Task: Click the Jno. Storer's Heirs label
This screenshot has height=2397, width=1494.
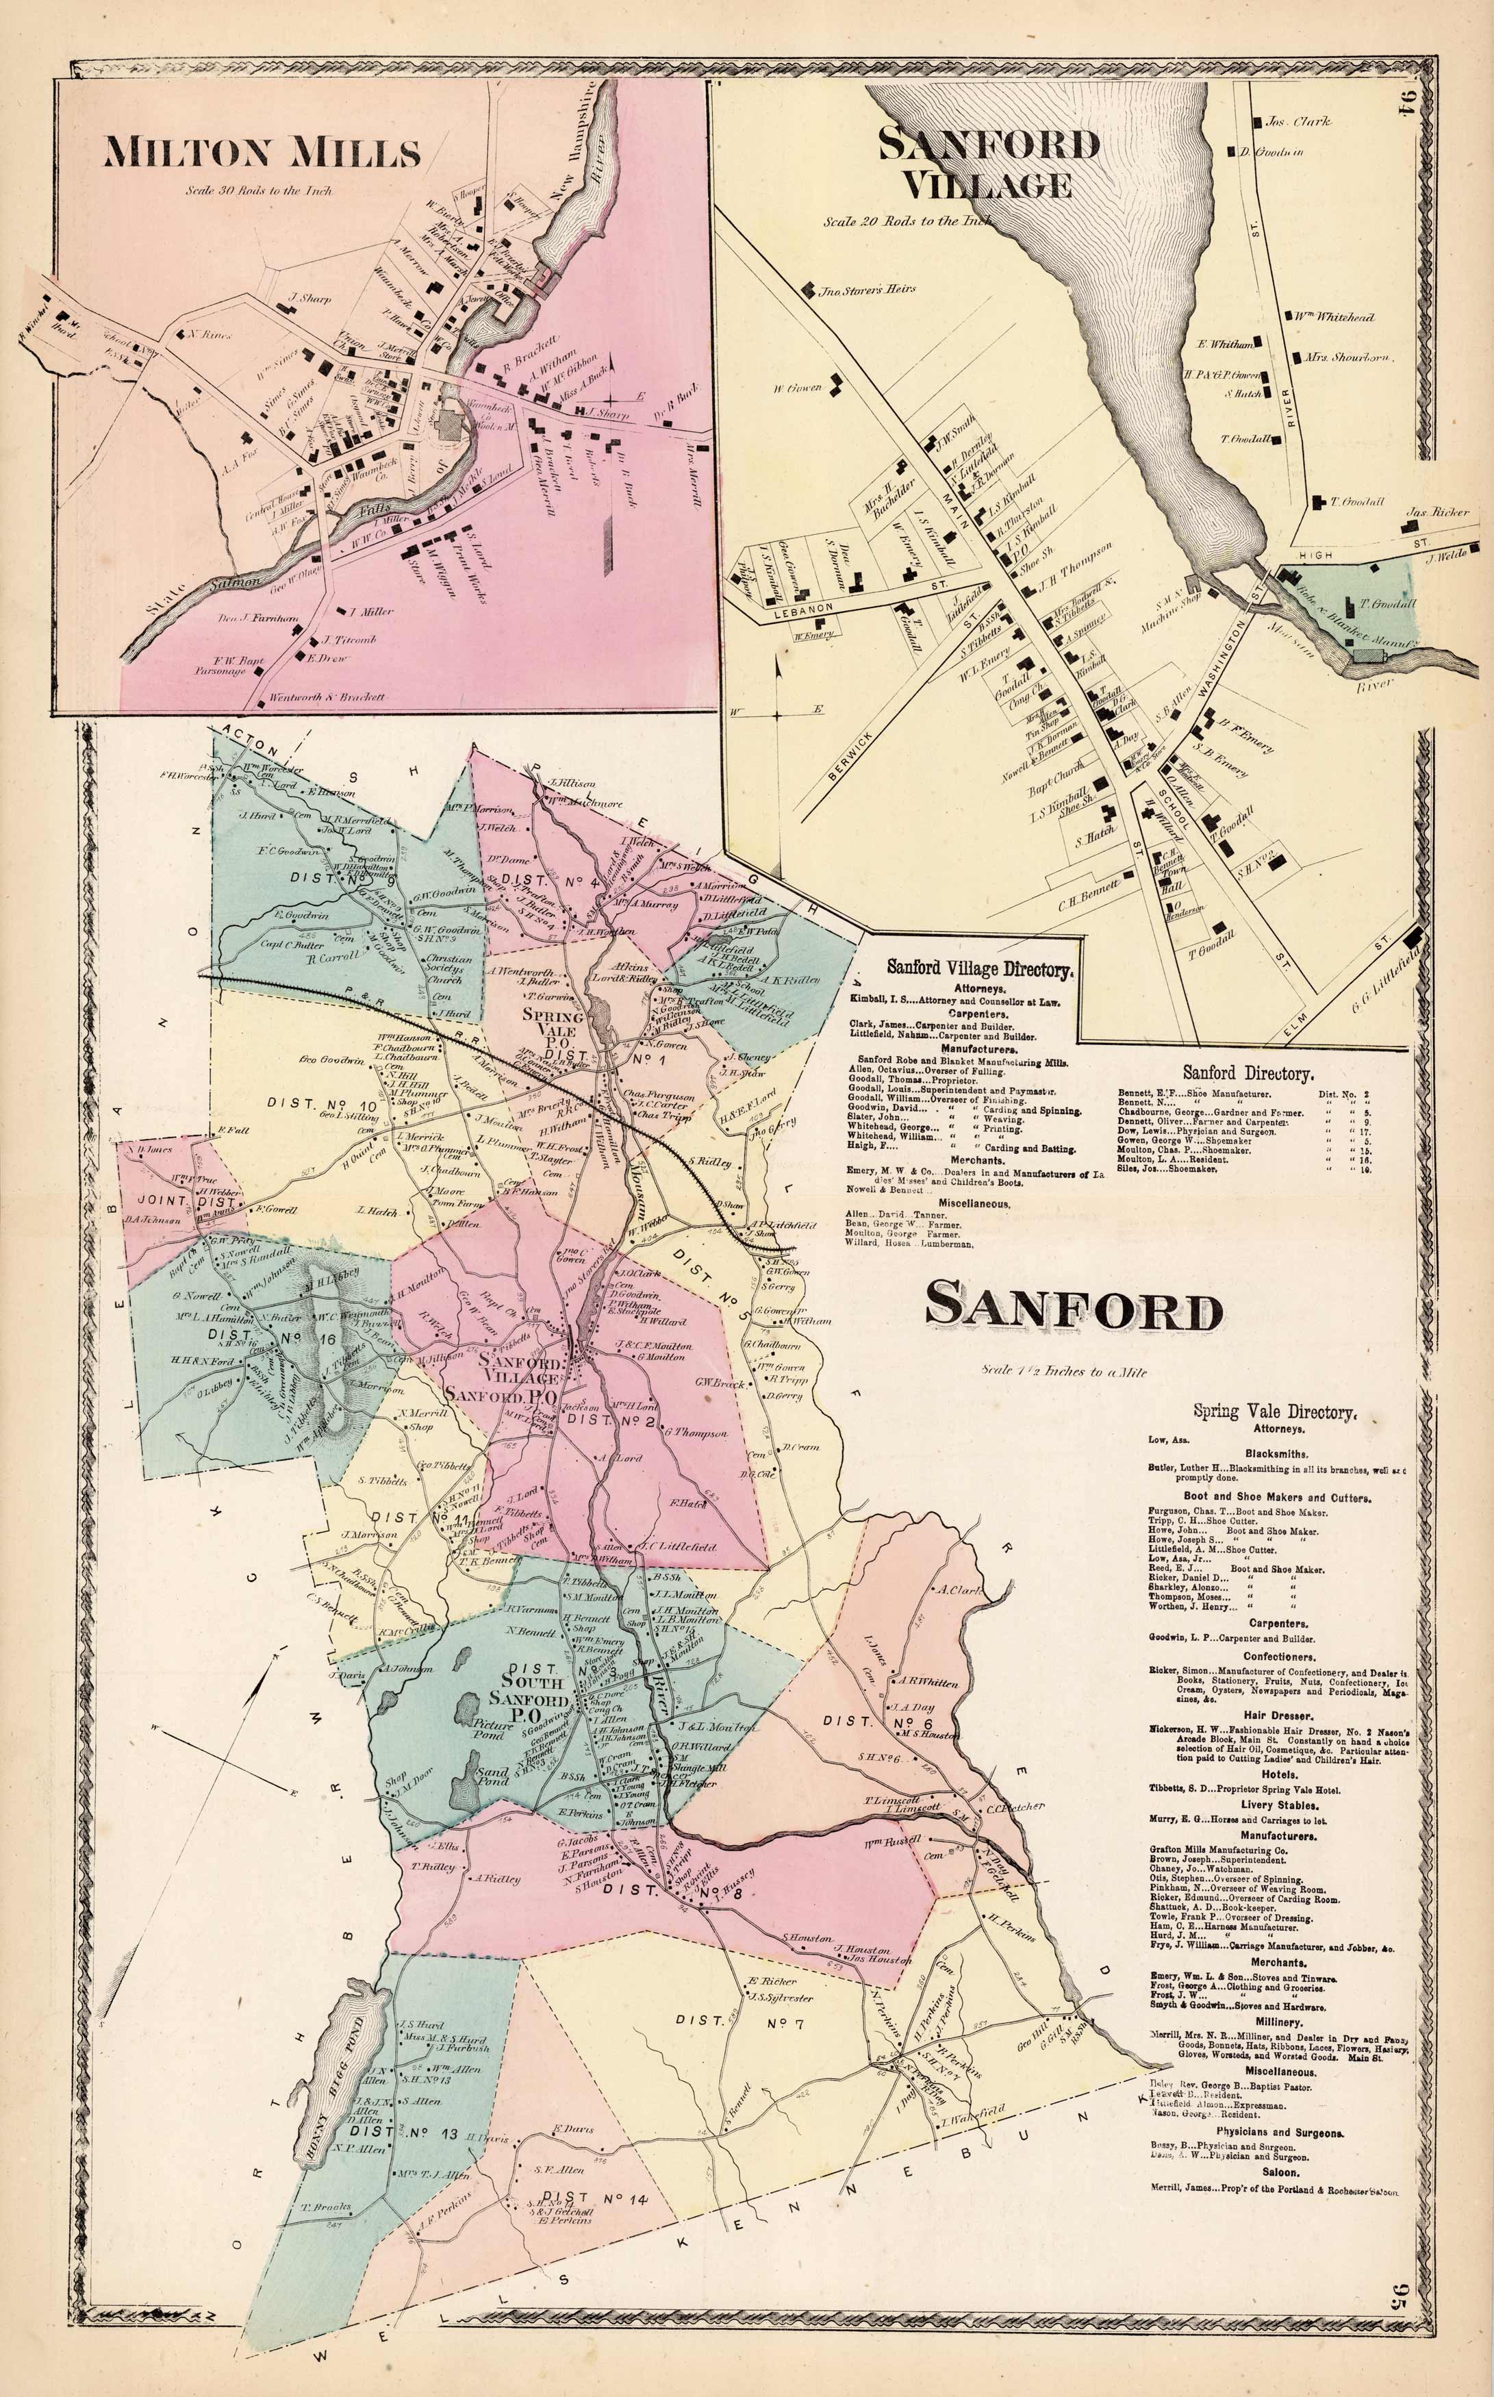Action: (868, 290)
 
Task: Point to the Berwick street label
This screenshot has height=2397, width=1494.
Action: (847, 755)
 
